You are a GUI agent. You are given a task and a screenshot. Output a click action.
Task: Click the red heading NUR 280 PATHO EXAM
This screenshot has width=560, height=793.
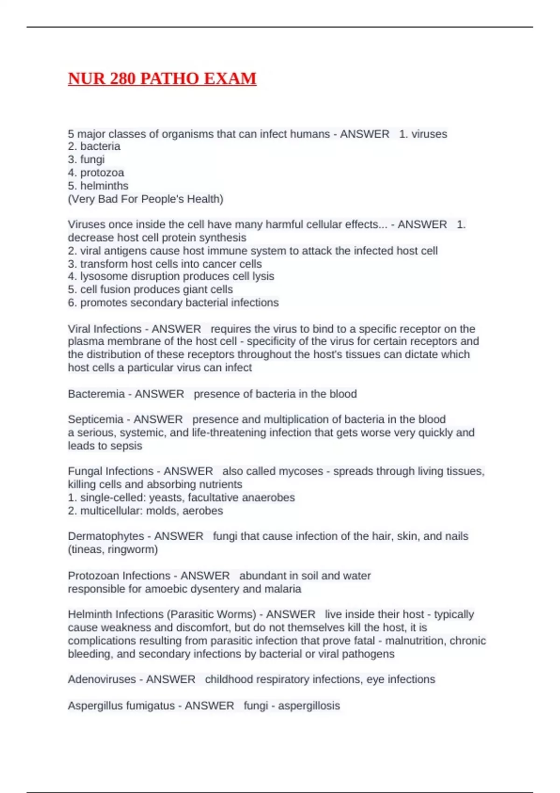pos(162,78)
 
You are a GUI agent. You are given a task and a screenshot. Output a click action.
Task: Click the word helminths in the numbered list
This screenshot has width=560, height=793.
pos(104,186)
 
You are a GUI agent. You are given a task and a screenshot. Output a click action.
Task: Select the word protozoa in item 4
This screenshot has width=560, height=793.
pos(102,173)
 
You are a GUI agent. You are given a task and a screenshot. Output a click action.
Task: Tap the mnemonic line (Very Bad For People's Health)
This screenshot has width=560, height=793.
pos(146,199)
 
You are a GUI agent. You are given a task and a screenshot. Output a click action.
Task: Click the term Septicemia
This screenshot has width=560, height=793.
pos(95,419)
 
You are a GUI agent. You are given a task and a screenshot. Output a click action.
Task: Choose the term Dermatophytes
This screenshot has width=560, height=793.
pos(105,536)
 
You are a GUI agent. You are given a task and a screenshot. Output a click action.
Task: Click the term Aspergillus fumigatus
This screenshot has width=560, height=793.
pos(121,705)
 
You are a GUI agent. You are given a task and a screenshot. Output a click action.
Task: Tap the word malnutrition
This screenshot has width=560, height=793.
pos(413,640)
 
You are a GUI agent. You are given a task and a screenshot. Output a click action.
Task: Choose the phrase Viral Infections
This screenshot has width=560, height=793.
pos(105,329)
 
